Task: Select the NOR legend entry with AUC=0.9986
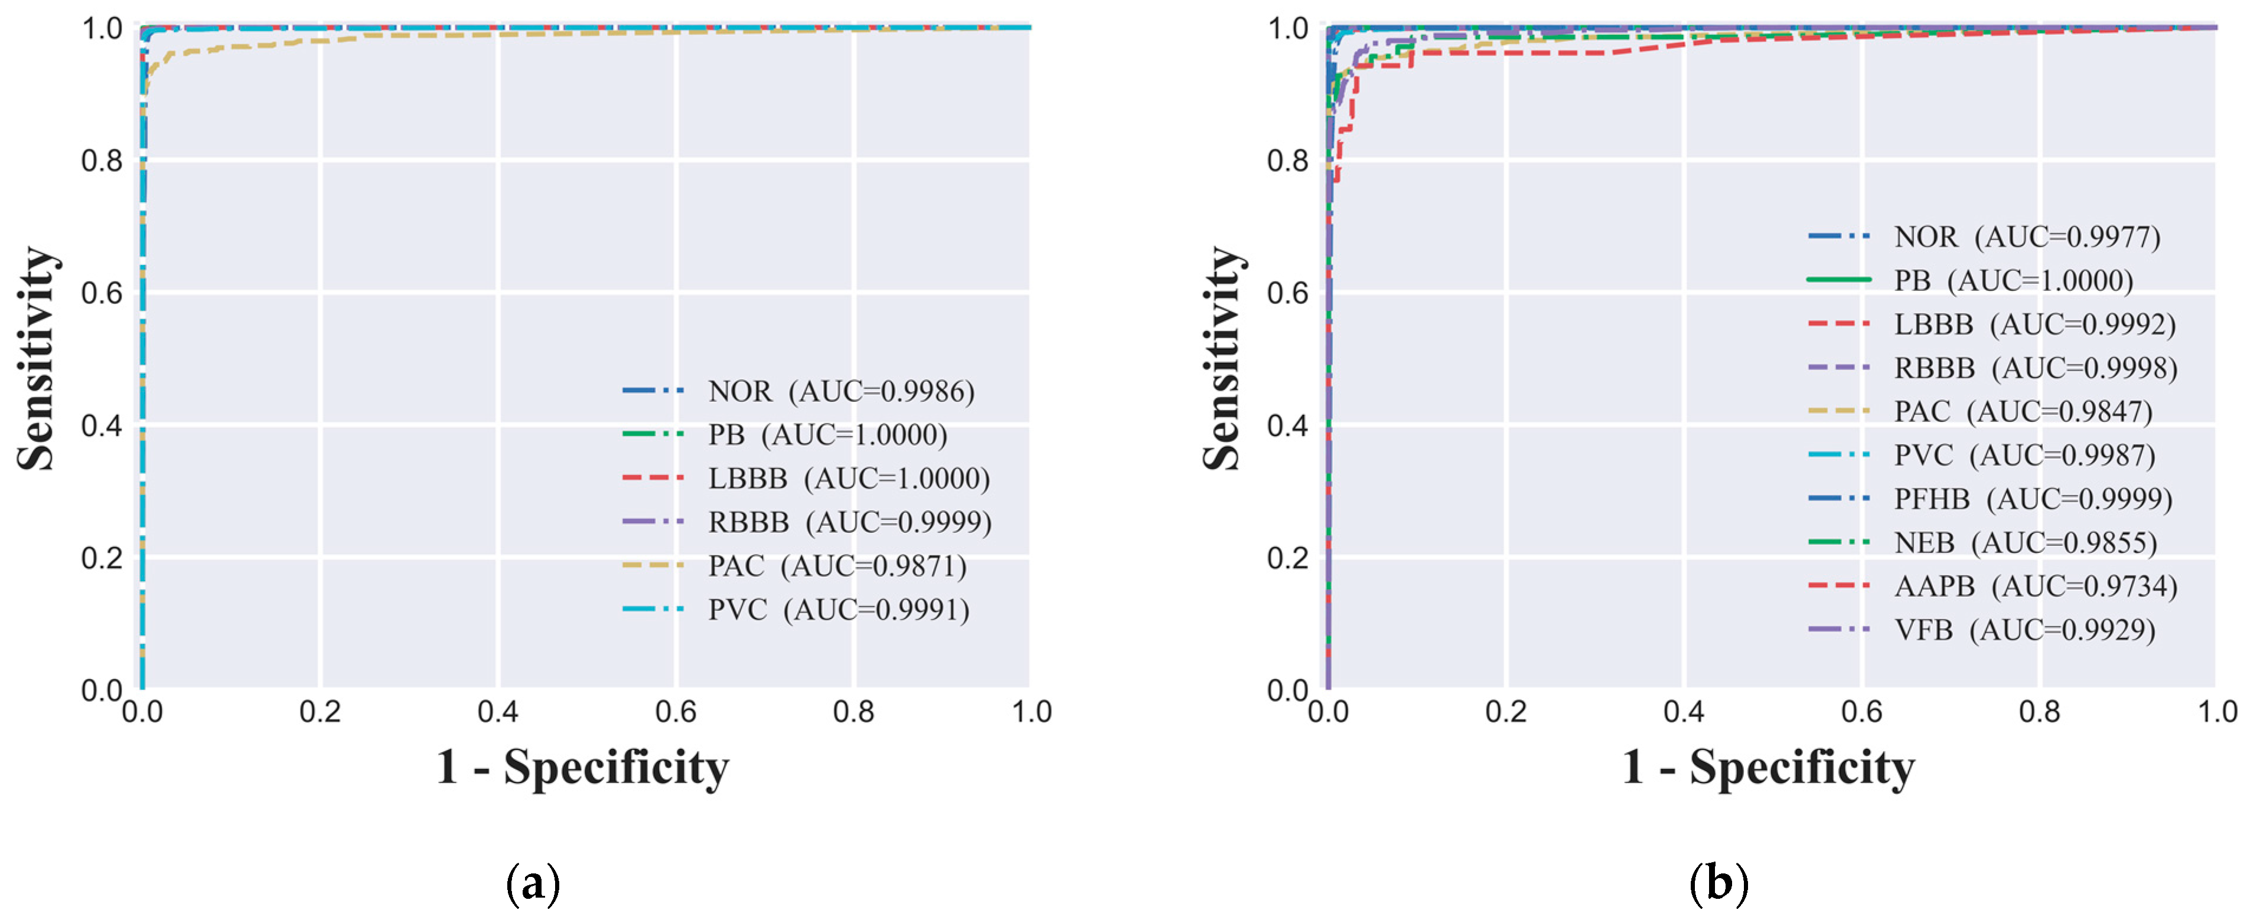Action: (840, 391)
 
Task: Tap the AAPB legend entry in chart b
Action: (2034, 586)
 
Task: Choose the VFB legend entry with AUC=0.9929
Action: (2024, 630)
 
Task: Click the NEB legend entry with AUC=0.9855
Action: (2024, 542)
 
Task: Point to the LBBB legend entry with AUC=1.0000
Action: (848, 479)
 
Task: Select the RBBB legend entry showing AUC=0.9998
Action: (2034, 368)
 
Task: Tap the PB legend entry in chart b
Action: (2013, 280)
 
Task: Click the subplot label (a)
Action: (533, 883)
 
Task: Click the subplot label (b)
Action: (1718, 883)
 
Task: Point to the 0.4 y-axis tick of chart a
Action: (102, 426)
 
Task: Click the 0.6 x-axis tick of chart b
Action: (1861, 712)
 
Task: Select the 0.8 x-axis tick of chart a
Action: (853, 712)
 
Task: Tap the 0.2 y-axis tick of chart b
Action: (1287, 558)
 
